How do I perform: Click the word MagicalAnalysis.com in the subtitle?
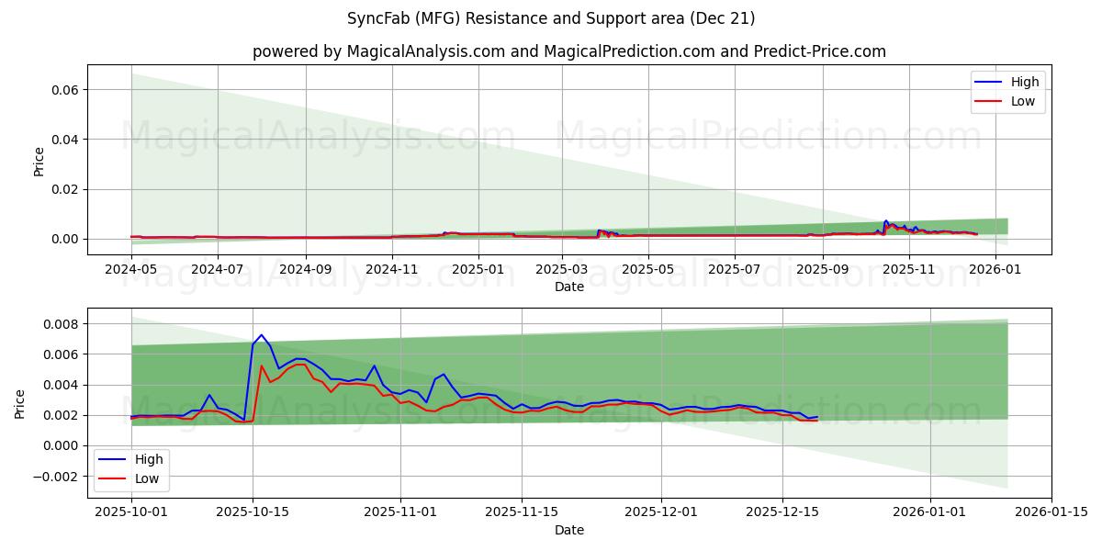pos(425,51)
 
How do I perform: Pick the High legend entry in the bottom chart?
pos(148,459)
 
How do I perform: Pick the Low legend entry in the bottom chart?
pos(146,478)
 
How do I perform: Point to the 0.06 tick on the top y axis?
pos(67,89)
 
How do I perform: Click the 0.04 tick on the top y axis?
pos(67,140)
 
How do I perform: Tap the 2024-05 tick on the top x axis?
pos(131,269)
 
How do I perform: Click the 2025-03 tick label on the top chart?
pos(561,269)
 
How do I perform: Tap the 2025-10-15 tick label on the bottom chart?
pos(253,512)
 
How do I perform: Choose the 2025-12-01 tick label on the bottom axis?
pos(661,512)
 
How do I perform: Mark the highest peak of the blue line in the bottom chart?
pos(261,335)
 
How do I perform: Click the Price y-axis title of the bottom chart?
pos(20,403)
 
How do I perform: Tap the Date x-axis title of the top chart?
pos(569,287)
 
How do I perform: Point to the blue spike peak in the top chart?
pos(886,221)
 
